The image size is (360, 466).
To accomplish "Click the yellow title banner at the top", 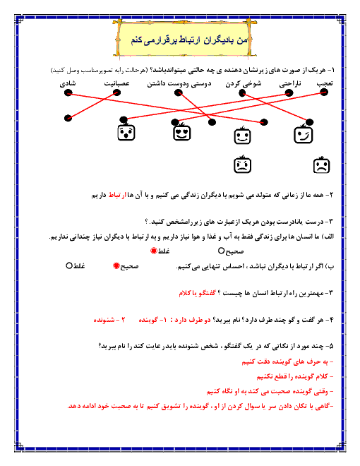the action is tap(184, 39).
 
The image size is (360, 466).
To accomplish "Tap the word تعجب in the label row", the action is tap(325, 84).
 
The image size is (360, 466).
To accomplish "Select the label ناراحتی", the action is tap(290, 84).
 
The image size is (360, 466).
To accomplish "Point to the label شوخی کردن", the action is tap(244, 84).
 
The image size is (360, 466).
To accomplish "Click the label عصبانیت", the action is tap(116, 84).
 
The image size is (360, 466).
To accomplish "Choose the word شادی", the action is tap(68, 84).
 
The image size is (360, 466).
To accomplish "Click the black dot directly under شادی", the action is tap(68, 92).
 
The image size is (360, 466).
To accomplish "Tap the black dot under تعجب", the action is tap(324, 92).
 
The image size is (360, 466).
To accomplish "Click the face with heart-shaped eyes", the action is tap(182, 132).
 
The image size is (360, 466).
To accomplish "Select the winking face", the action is tap(303, 134).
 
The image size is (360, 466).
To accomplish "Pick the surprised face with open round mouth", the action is tap(126, 132).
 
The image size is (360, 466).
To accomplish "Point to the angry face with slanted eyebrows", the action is tap(242, 165).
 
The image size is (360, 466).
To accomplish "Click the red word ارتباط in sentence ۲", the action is tap(117, 196).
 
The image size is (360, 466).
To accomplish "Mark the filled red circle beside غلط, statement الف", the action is tap(154, 251).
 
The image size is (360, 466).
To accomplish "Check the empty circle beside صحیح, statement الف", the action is tap(221, 251).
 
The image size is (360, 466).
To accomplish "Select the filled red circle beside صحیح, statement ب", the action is tap(116, 266).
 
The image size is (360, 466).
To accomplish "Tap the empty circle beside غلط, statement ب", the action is tap(69, 265).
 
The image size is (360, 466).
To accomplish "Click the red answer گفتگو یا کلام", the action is tap(197, 294).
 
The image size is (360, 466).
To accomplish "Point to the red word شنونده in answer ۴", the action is tap(104, 320).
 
